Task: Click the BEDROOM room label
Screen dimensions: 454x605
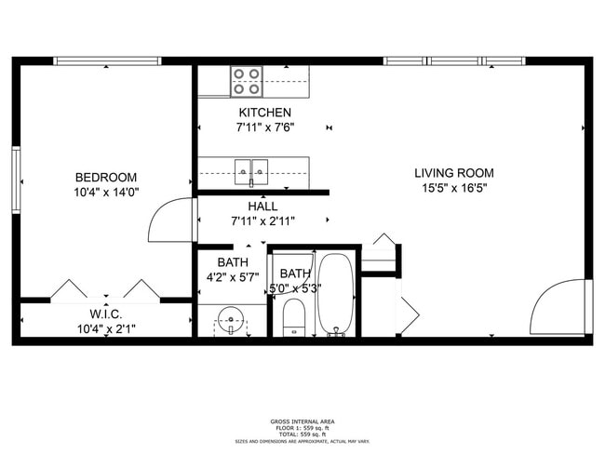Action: [106, 178]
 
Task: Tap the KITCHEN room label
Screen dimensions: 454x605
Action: [257, 113]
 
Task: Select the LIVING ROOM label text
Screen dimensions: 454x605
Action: [454, 173]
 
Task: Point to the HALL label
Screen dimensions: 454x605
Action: [262, 207]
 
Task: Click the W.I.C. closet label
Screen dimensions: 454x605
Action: [106, 314]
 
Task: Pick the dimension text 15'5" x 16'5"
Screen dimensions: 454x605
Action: [454, 188]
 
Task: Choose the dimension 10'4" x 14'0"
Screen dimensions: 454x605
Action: [106, 193]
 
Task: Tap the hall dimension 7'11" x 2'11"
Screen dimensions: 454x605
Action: [262, 221]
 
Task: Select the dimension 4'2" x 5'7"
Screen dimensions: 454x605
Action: [232, 277]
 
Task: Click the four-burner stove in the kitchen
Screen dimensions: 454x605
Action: [247, 82]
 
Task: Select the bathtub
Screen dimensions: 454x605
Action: [335, 296]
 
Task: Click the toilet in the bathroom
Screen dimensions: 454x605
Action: [294, 317]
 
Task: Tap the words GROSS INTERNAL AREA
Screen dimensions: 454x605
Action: [302, 420]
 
